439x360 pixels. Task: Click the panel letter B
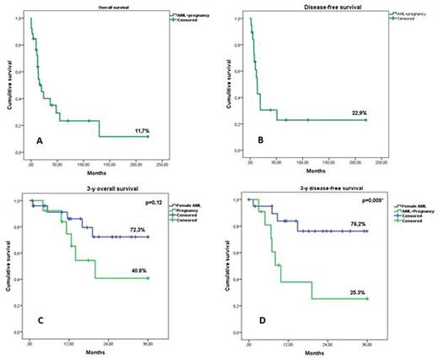(264, 141)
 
